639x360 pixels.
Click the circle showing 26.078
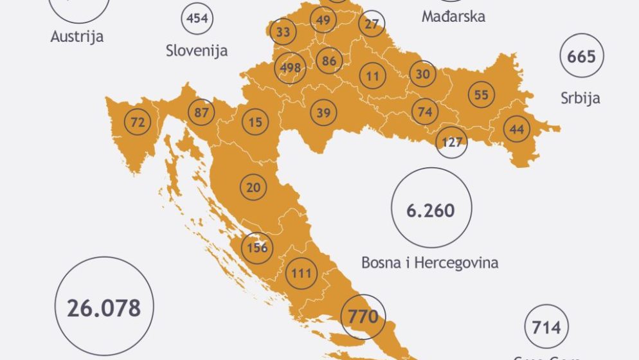pyautogui.click(x=104, y=307)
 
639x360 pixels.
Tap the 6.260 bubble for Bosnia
pyautogui.click(x=431, y=210)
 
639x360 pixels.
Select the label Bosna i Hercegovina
pyautogui.click(x=429, y=262)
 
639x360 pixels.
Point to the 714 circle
pyautogui.click(x=546, y=327)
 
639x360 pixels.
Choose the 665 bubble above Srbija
pyautogui.click(x=582, y=57)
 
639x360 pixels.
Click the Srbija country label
pyautogui.click(x=580, y=98)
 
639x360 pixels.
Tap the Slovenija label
pyautogui.click(x=196, y=50)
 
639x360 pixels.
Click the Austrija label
pyautogui.click(x=77, y=37)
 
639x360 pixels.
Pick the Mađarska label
pyautogui.click(x=453, y=16)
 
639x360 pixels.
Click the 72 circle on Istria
pyautogui.click(x=138, y=122)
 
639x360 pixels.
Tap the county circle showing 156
pyautogui.click(x=256, y=248)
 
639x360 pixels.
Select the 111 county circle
pyautogui.click(x=301, y=274)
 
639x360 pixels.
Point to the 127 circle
pyautogui.click(x=453, y=142)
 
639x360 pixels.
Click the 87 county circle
pyautogui.click(x=201, y=113)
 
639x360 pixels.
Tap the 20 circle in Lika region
pyautogui.click(x=254, y=187)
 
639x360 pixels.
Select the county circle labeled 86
pyautogui.click(x=330, y=62)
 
